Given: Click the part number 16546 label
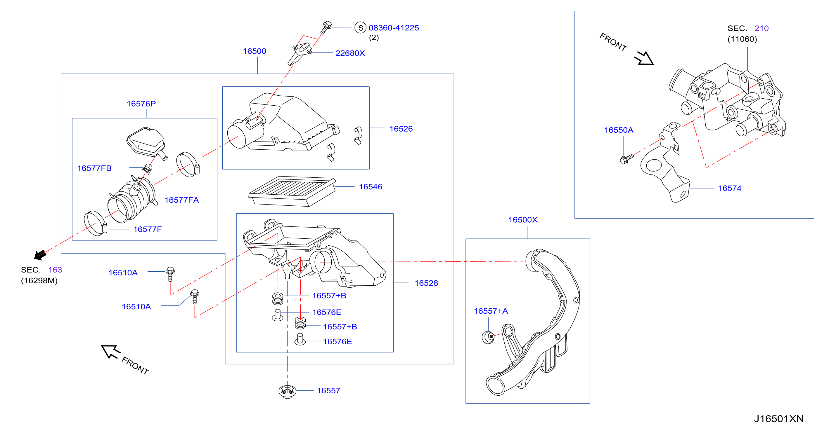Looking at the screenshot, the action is coord(370,187).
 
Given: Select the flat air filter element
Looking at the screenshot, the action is coord(292,191).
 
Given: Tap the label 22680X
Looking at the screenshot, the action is coord(350,53).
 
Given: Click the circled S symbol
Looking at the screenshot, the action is coord(360,28).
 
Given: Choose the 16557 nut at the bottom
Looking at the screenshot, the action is coord(287,391).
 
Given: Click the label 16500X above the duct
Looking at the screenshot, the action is coord(522,220).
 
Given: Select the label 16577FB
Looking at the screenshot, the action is coord(94,168).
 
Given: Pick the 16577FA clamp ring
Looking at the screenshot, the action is coord(188,165).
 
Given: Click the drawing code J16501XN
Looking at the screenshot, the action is coord(778,419).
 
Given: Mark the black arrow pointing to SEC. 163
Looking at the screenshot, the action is coord(40,255).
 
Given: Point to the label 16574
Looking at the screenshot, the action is coord(730,188).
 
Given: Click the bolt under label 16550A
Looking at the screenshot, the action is coord(626,159).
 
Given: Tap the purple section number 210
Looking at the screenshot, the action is coord(761,29).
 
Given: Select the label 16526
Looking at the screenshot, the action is coord(401,129).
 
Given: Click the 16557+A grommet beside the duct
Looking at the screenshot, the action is coord(488,337).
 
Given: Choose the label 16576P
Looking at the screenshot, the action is coord(141,104).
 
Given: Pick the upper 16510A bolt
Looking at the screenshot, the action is coord(170,274).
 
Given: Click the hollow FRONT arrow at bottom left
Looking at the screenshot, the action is coord(111,352).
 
